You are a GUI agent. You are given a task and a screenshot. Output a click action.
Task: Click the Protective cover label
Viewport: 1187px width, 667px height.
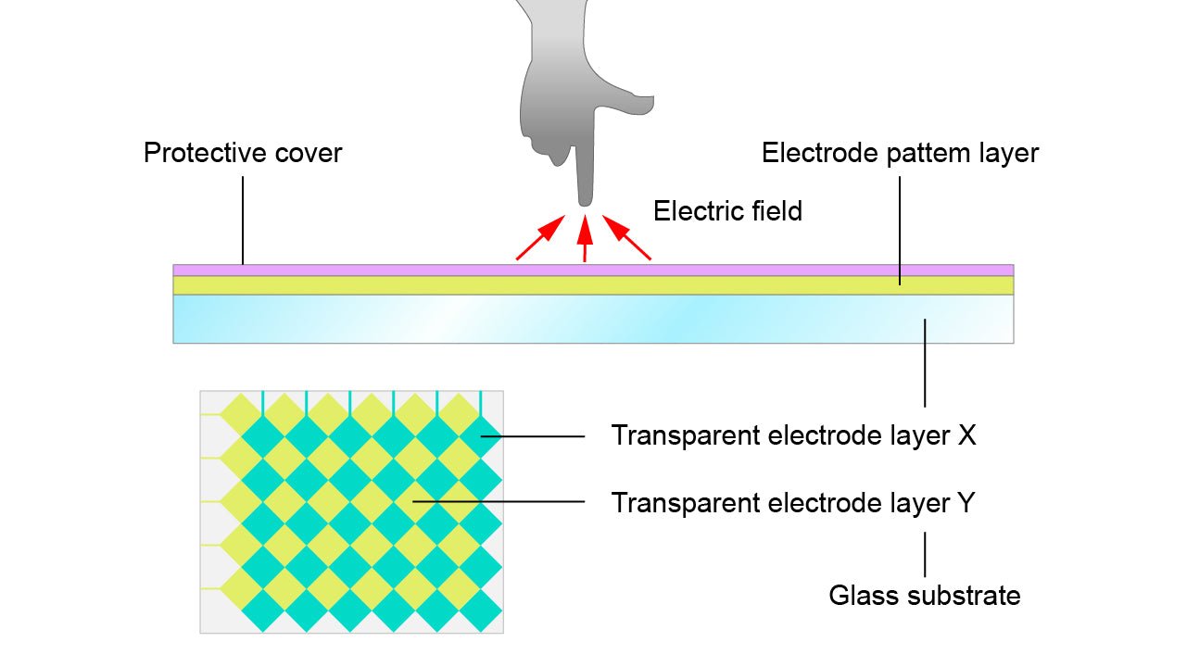point(243,153)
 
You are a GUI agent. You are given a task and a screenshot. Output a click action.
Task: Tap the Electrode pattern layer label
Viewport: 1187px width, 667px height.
point(900,153)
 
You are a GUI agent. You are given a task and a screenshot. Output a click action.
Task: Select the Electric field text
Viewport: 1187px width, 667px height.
point(727,211)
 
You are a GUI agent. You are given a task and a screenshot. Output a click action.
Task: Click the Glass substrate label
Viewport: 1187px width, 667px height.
point(924,596)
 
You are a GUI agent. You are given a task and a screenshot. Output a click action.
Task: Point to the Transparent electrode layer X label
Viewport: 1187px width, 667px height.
point(793,435)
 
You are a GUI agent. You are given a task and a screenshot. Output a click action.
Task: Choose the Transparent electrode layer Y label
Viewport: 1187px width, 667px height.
point(793,503)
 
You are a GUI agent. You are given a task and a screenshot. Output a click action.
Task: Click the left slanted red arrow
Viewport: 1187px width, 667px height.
point(540,238)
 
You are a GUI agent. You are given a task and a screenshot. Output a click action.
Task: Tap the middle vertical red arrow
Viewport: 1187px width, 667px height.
point(584,240)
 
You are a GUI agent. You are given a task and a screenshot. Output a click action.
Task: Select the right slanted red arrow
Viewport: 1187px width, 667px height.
point(626,238)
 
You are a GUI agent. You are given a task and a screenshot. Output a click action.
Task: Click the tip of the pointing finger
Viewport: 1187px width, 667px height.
point(585,199)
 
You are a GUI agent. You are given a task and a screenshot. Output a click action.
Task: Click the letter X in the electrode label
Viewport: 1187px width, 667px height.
point(966,435)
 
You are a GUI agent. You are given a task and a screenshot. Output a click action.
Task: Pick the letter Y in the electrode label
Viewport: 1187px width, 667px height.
point(966,503)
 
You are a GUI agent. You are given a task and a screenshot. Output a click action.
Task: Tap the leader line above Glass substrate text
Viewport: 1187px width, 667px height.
point(925,554)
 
